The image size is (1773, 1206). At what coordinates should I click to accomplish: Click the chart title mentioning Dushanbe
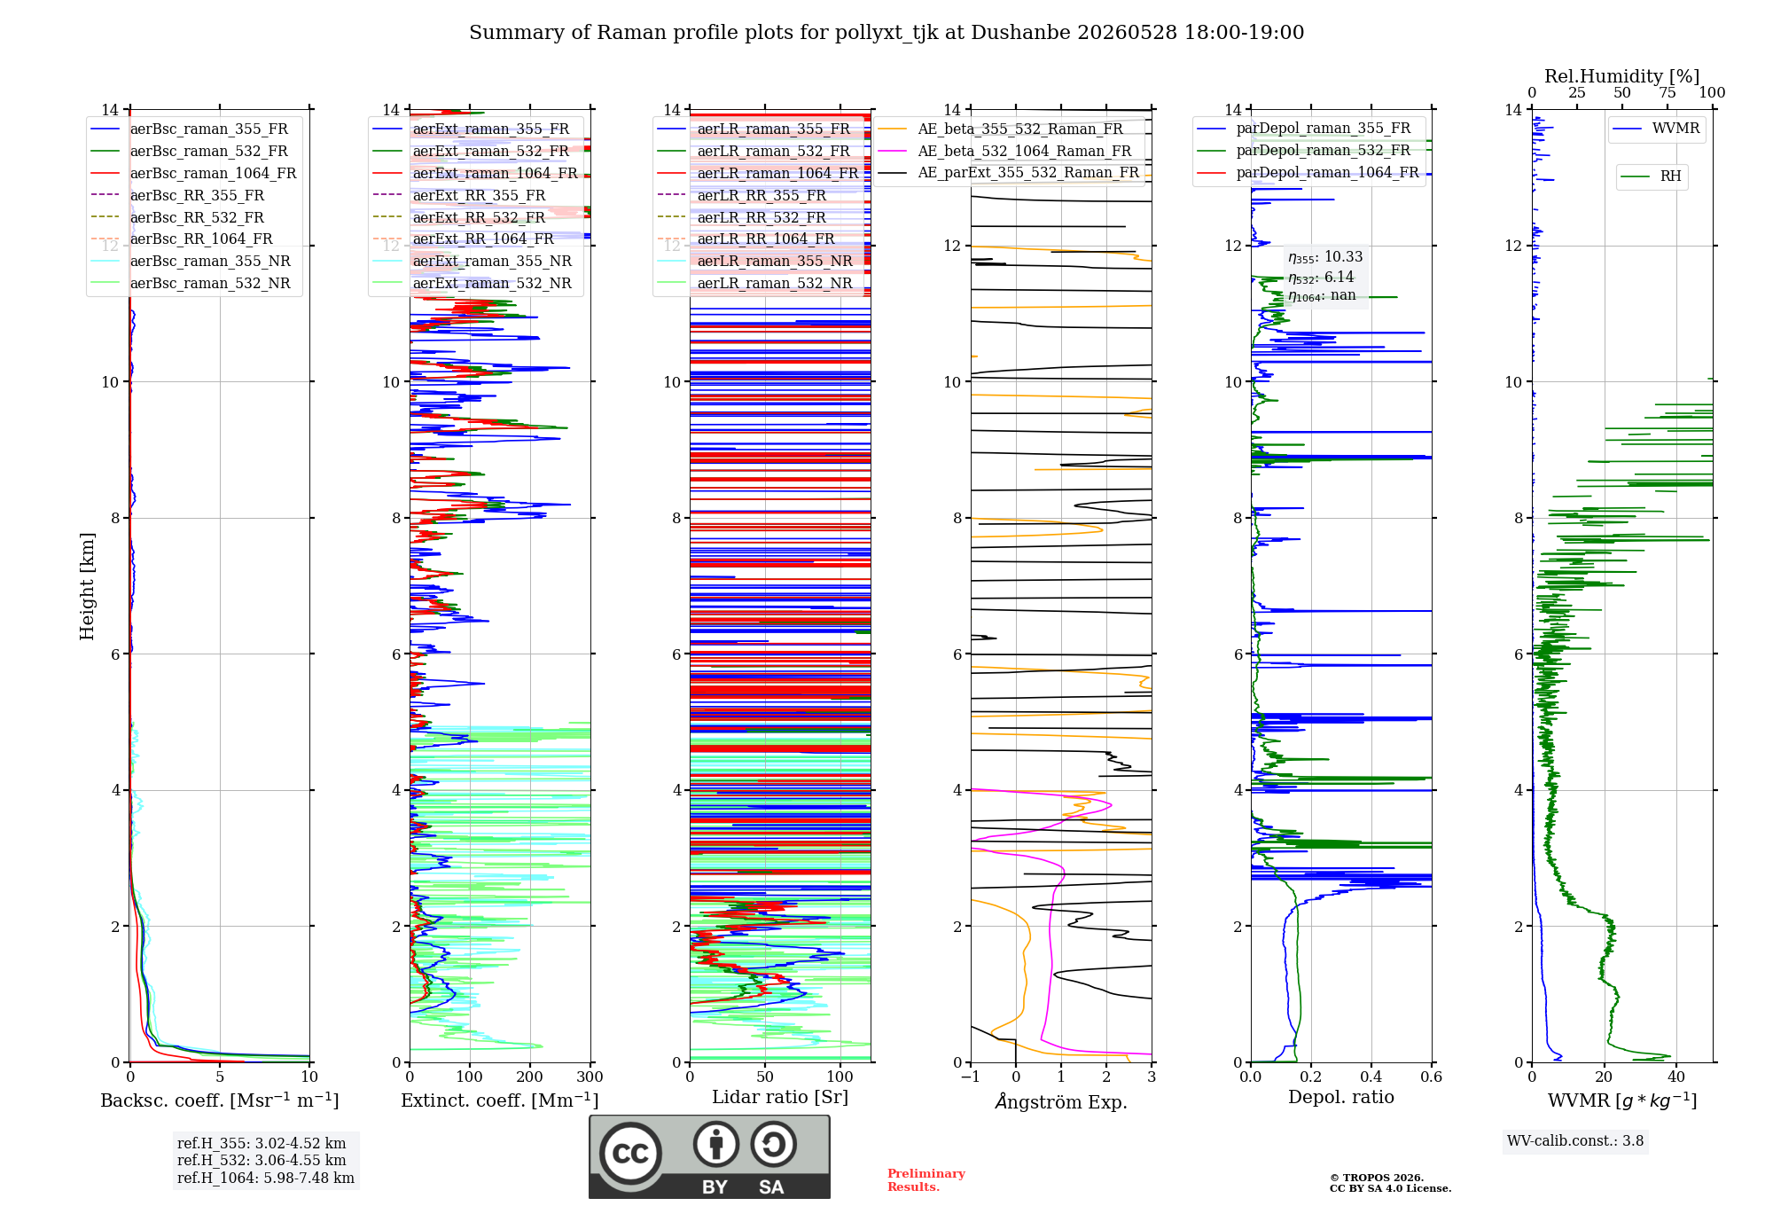click(886, 33)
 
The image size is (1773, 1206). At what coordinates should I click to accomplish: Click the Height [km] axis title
click(87, 586)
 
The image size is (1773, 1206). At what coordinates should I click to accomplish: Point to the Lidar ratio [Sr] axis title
click(780, 1097)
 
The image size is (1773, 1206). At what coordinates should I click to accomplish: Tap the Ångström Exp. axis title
click(1061, 1101)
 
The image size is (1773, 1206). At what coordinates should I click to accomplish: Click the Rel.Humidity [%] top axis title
click(1622, 76)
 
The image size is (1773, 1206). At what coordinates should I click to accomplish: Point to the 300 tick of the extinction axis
click(590, 1077)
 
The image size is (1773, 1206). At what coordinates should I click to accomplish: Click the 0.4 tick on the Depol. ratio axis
click(1371, 1077)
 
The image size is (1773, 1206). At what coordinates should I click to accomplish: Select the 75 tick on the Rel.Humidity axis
click(1668, 92)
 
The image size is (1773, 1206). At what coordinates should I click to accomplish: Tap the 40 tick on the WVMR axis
click(1676, 1077)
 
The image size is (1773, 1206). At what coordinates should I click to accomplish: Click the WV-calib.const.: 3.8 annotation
click(1575, 1141)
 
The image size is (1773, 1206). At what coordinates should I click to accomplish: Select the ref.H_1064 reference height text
click(266, 1178)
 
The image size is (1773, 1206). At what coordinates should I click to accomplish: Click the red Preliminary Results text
click(926, 1180)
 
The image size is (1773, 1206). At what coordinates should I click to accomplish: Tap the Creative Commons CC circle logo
click(630, 1153)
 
